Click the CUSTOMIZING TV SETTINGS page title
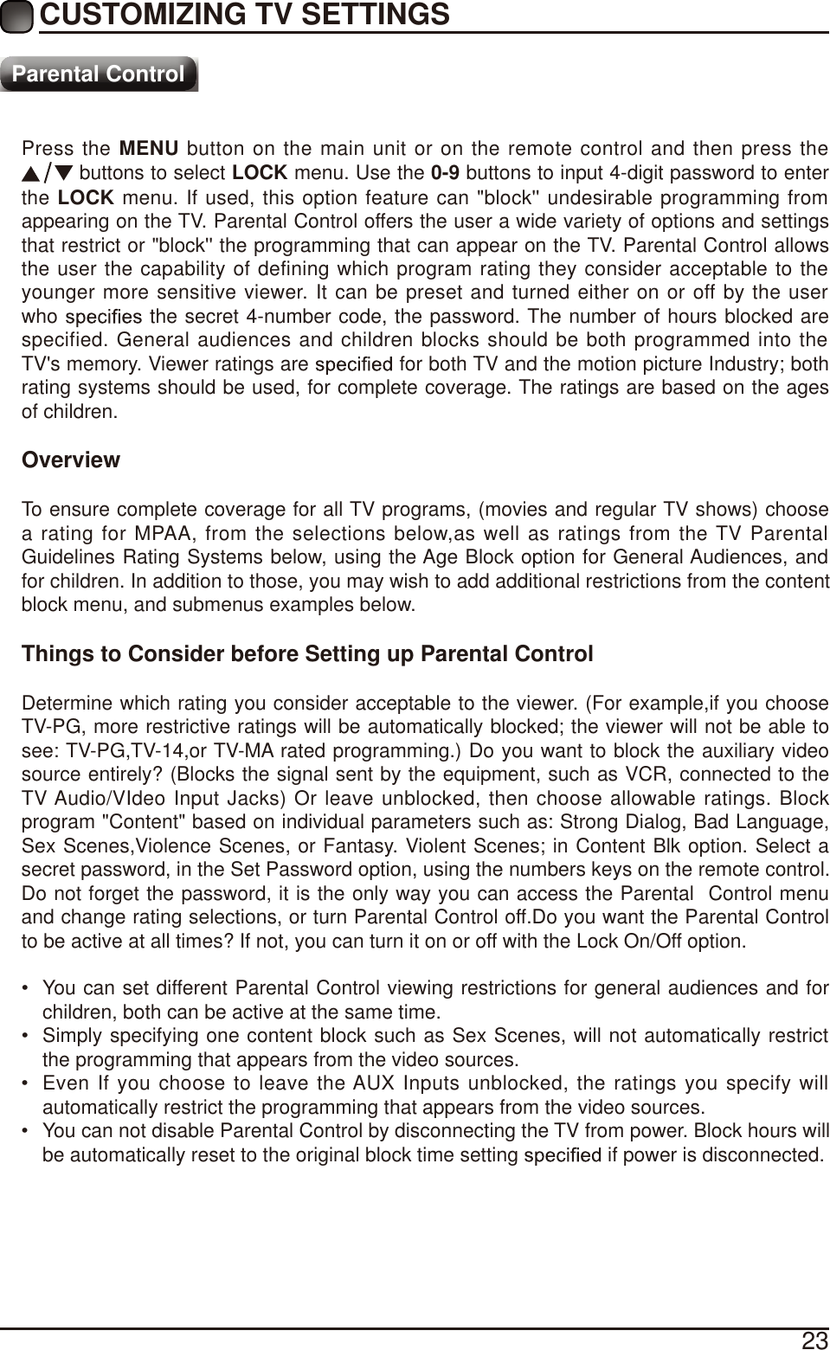pos(245,15)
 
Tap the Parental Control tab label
pos(99,74)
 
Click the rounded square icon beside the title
pos(17,16)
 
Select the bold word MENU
pos(148,149)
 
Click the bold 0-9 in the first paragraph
pos(444,172)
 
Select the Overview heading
pos(71,460)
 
